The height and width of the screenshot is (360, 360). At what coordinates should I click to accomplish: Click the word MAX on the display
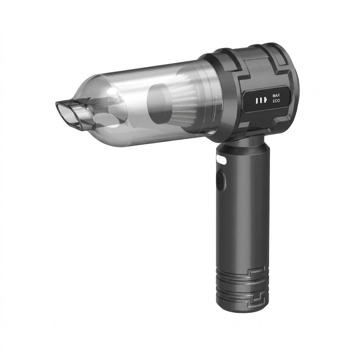point(276,95)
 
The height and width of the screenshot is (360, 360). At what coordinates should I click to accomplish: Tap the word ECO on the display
point(276,101)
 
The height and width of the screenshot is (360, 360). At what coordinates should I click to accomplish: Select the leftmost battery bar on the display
point(257,101)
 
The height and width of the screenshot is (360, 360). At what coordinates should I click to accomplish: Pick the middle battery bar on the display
point(261,101)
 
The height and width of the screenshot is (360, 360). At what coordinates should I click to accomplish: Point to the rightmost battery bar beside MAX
point(265,101)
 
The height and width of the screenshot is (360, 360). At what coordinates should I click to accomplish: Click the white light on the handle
point(221,159)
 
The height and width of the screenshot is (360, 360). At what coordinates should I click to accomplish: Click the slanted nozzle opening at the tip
point(67,114)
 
